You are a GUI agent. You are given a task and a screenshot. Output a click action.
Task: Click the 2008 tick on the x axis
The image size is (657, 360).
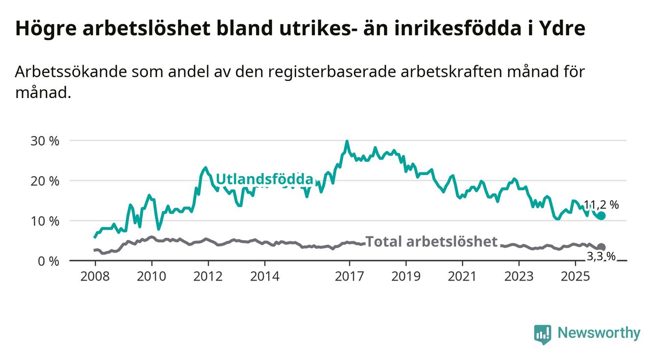[95, 276]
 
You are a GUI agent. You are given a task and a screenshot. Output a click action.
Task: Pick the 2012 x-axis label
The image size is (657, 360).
[208, 276]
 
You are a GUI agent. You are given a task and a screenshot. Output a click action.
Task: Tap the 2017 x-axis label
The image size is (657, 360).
[349, 276]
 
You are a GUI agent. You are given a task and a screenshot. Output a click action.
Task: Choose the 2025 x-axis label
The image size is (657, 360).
[576, 276]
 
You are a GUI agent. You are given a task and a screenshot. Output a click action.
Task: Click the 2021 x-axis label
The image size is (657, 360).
[462, 276]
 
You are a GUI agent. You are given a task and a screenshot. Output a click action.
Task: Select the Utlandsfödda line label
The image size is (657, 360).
[264, 179]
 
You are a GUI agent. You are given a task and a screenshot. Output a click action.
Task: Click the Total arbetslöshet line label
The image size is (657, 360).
[431, 241]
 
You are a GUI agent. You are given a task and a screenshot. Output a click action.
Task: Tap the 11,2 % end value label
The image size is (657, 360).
[601, 205]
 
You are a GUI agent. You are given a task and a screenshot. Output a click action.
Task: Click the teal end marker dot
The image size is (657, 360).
[602, 216]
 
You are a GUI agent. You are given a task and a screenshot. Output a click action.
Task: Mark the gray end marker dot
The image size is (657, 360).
[602, 247]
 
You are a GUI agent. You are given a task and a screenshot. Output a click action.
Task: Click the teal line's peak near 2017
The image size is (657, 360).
[347, 142]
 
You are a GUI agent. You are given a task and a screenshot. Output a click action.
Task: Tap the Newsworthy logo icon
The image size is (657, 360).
[542, 334]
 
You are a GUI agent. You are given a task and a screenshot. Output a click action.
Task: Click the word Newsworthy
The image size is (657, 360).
[599, 334]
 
